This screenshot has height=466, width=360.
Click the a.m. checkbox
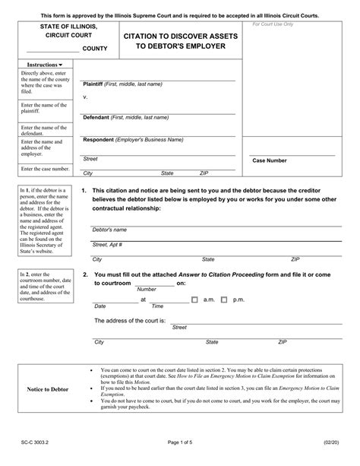click(197, 300)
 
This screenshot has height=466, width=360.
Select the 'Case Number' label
click(270, 160)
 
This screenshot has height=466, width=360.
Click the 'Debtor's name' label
click(109, 229)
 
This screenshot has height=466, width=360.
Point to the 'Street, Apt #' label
click(107, 245)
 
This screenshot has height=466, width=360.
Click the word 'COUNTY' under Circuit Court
click(93, 49)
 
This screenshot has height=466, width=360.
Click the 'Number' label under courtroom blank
click(147, 290)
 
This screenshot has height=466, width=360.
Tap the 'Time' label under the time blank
click(157, 306)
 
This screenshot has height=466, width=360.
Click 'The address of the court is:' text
click(131, 322)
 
